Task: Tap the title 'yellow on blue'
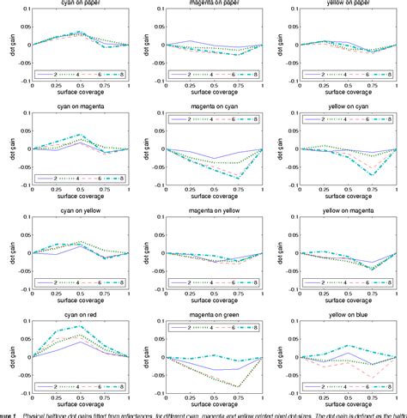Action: (349, 318)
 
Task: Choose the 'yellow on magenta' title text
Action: (349, 214)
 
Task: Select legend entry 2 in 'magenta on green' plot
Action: (184, 328)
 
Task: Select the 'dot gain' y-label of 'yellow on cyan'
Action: (288, 149)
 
